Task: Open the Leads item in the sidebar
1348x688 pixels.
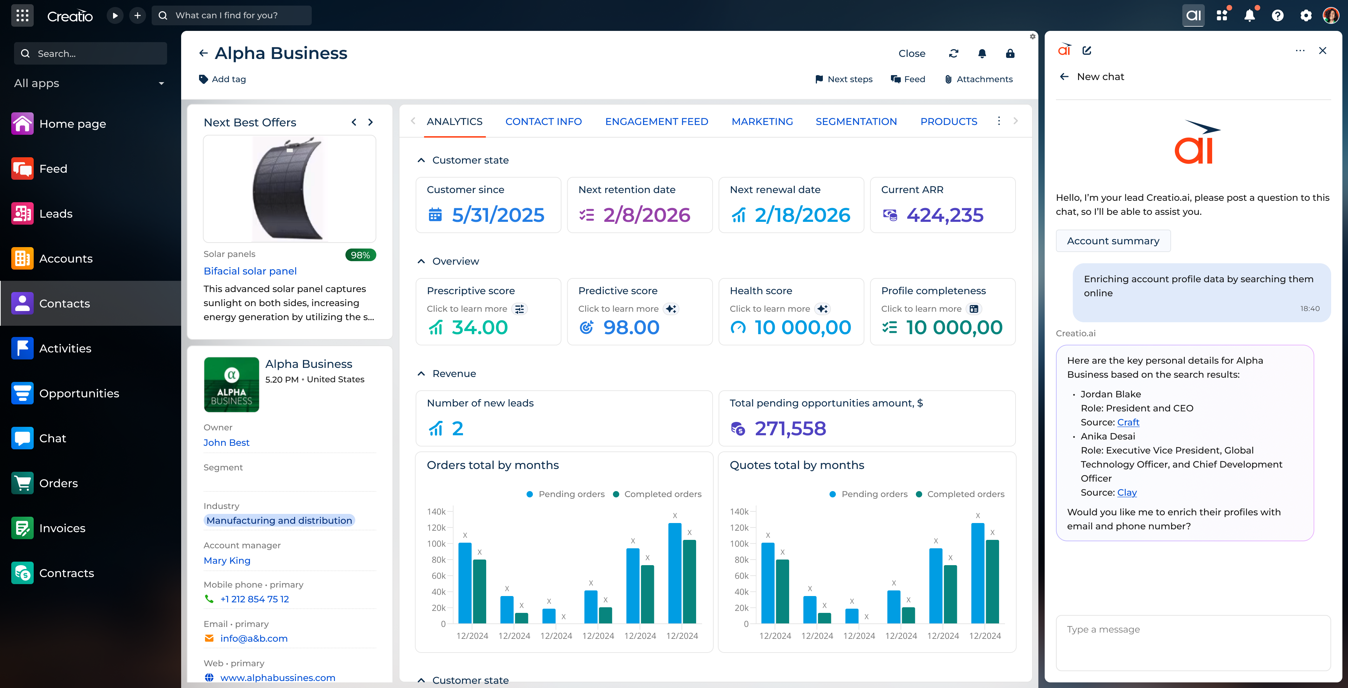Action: pyautogui.click(x=55, y=213)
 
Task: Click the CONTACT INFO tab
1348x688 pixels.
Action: pyautogui.click(x=543, y=121)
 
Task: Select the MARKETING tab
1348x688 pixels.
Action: pyautogui.click(x=762, y=121)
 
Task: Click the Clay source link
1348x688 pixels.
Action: pyautogui.click(x=1126, y=492)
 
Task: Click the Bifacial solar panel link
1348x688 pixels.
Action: pyautogui.click(x=250, y=271)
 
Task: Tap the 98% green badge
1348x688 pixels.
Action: pyautogui.click(x=360, y=255)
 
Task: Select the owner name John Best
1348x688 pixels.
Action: pyautogui.click(x=226, y=443)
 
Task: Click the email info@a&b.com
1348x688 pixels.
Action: pyautogui.click(x=254, y=638)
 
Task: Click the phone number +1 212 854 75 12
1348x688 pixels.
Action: pyautogui.click(x=254, y=599)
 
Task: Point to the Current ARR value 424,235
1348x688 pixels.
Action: pyautogui.click(x=945, y=215)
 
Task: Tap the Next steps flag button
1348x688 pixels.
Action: pyautogui.click(x=844, y=79)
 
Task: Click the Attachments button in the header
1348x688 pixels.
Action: pyautogui.click(x=979, y=79)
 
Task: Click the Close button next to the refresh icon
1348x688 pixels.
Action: pyautogui.click(x=912, y=53)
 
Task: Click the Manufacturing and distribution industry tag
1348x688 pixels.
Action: pyautogui.click(x=279, y=521)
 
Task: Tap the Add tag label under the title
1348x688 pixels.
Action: pyautogui.click(x=228, y=79)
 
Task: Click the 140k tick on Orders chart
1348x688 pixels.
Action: pyautogui.click(x=436, y=512)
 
